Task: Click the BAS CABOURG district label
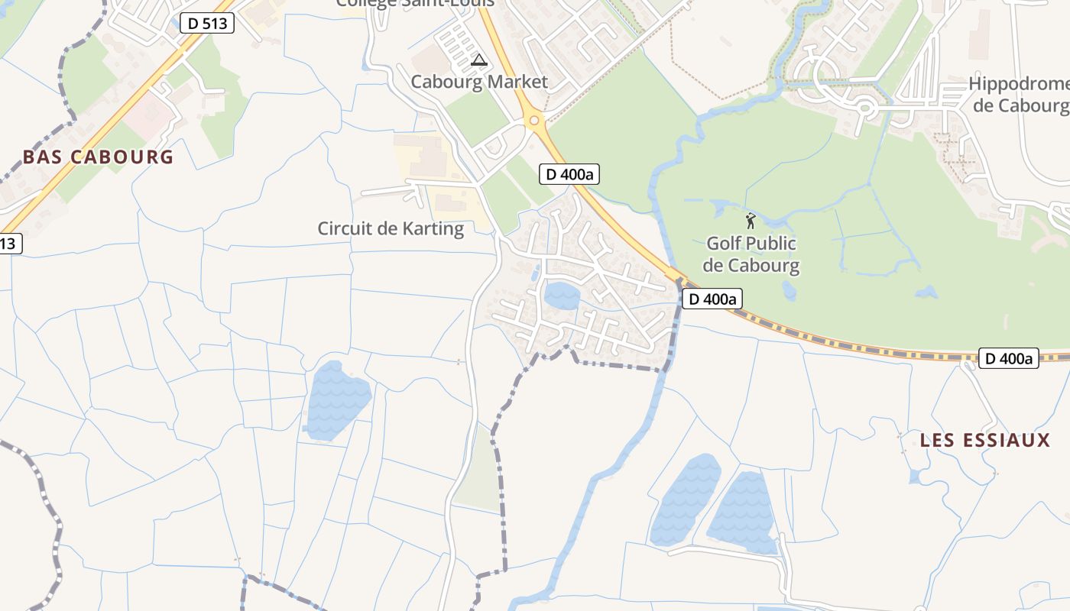[98, 157]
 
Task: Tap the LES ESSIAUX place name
[985, 441]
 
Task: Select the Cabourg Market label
[479, 82]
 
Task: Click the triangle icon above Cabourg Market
[479, 60]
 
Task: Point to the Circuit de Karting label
[391, 228]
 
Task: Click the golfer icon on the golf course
[751, 221]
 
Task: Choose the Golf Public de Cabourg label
[751, 254]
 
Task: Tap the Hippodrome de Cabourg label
[1019, 94]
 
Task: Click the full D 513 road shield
[207, 23]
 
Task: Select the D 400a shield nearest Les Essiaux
[1008, 358]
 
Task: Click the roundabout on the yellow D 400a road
[534, 120]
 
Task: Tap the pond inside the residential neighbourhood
[562, 296]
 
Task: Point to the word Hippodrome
[1019, 83]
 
